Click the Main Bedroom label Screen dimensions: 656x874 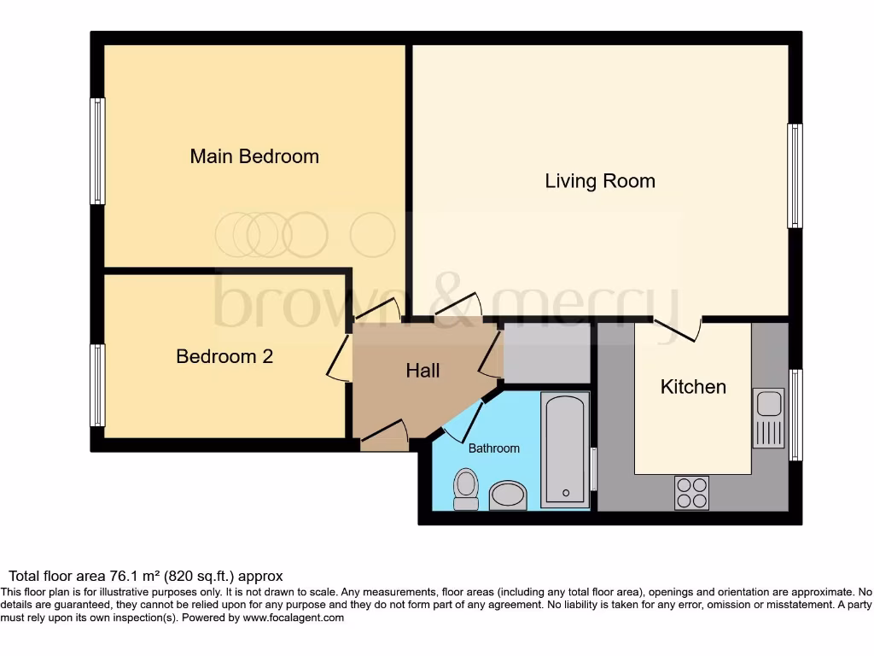(x=254, y=156)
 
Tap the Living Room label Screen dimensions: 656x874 (x=600, y=181)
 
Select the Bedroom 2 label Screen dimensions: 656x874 (x=224, y=356)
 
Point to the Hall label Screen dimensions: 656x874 (x=422, y=370)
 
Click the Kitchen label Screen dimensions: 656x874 (x=693, y=387)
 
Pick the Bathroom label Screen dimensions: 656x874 (x=493, y=448)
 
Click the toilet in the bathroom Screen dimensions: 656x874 (x=466, y=489)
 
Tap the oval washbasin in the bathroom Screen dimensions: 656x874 (x=509, y=495)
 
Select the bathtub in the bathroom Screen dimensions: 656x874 (x=565, y=449)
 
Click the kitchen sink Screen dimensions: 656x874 (x=768, y=418)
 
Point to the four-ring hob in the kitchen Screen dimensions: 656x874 (x=691, y=492)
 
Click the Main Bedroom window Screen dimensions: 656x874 (x=97, y=151)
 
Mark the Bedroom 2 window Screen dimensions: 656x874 (x=97, y=385)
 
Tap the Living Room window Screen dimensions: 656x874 (x=795, y=176)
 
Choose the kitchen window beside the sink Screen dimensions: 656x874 (x=795, y=415)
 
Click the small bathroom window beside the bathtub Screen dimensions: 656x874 (x=593, y=469)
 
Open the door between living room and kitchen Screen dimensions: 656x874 (x=678, y=328)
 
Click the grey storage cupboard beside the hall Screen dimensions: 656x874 (x=547, y=354)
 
